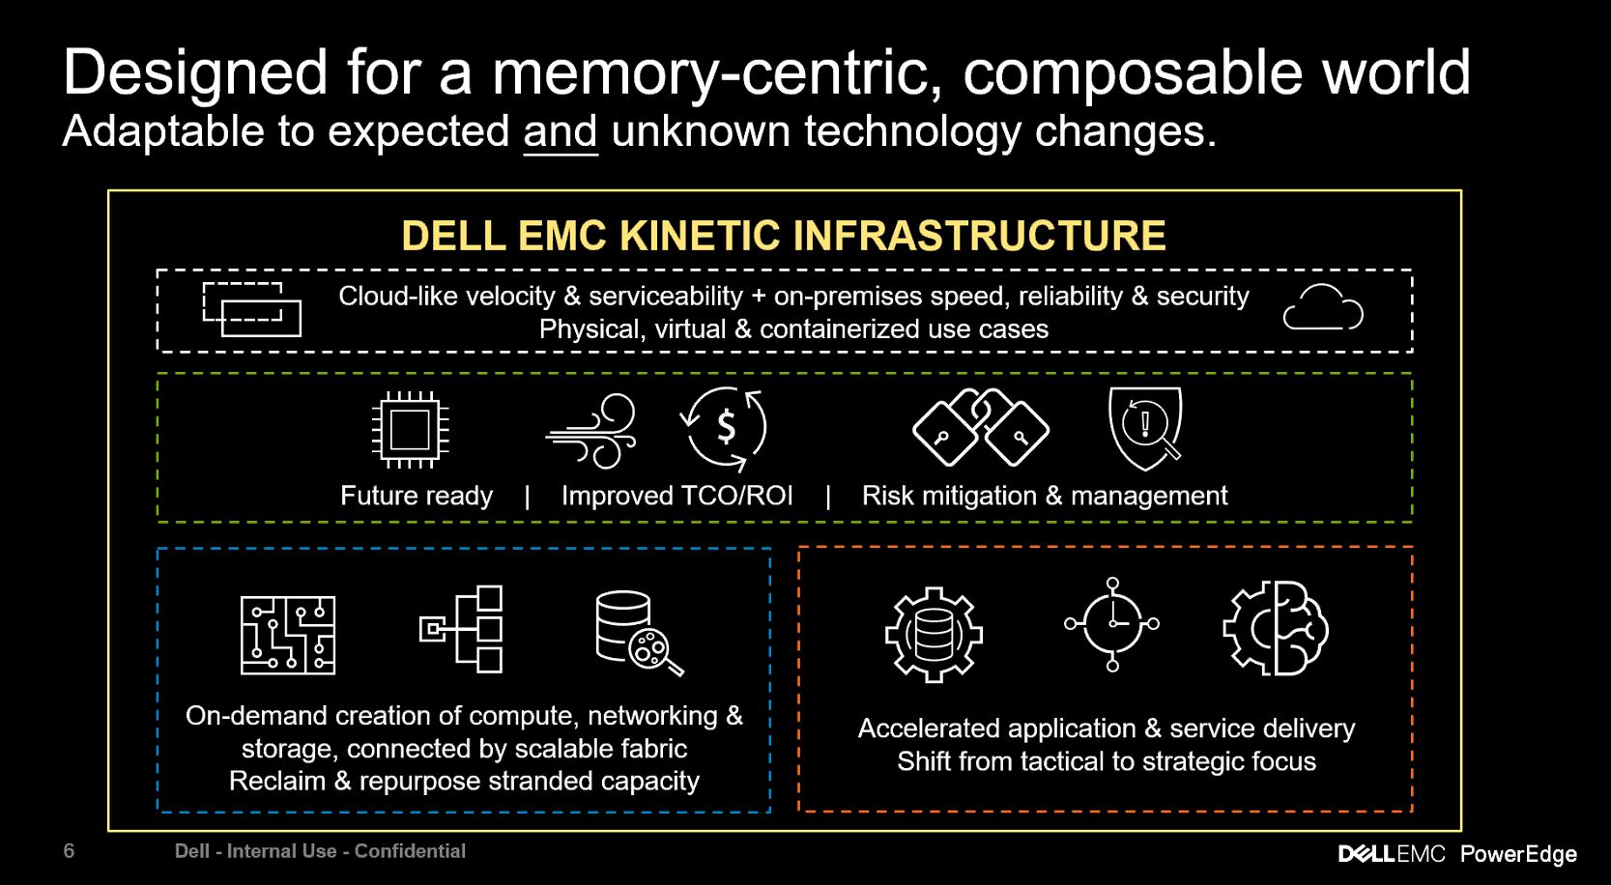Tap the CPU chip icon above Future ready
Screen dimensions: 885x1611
point(410,430)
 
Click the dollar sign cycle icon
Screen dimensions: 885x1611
point(725,428)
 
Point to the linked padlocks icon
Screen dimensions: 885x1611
point(981,428)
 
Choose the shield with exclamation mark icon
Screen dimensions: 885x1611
point(1146,427)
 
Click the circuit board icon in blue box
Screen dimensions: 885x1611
point(287,635)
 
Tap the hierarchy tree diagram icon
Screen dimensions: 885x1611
point(462,629)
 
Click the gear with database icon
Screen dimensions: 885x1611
point(934,635)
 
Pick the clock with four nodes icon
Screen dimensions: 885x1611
point(1111,624)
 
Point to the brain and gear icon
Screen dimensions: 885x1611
point(1276,629)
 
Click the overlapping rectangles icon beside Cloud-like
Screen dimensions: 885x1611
point(251,309)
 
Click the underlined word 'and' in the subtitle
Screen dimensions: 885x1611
point(561,131)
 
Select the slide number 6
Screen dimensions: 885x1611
point(69,851)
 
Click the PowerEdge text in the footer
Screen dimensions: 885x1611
point(1518,854)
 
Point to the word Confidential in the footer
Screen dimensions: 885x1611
point(410,851)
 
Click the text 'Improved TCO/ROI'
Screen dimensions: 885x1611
point(676,496)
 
